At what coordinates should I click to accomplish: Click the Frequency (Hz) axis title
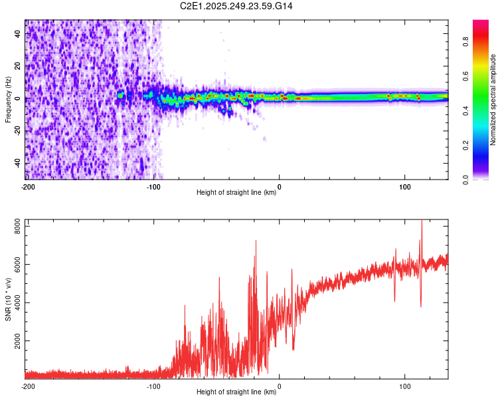pos(8,99)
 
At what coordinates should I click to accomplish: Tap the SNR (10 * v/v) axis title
pos(8,299)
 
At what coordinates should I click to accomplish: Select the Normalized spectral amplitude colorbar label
pos(493,100)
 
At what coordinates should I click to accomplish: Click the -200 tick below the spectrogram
pos(28,186)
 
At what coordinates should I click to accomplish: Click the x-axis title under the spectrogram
pos(236,193)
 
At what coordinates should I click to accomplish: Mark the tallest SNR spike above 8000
pos(421,223)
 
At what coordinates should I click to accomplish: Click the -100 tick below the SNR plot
pos(153,386)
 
